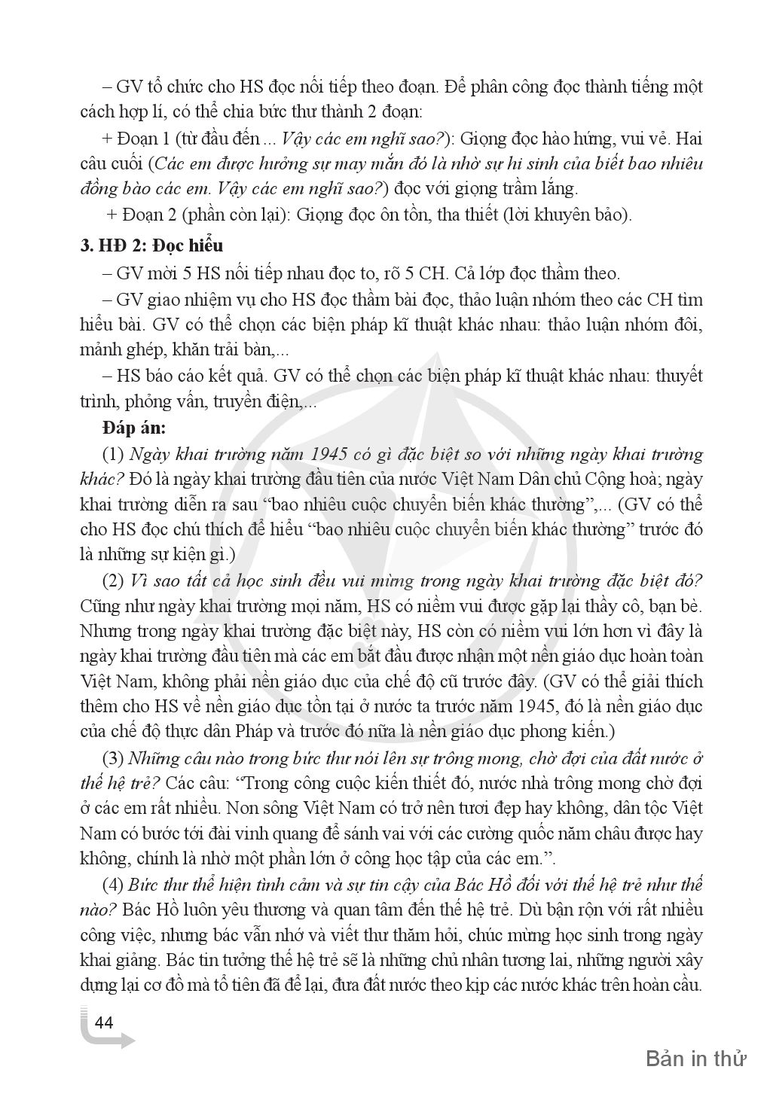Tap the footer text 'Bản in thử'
[695, 1059]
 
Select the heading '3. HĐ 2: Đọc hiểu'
[151, 246]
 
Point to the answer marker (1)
[113, 455]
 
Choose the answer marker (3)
[113, 757]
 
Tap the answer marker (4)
[113, 884]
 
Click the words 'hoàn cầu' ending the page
[671, 985]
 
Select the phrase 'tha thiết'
[466, 214]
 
